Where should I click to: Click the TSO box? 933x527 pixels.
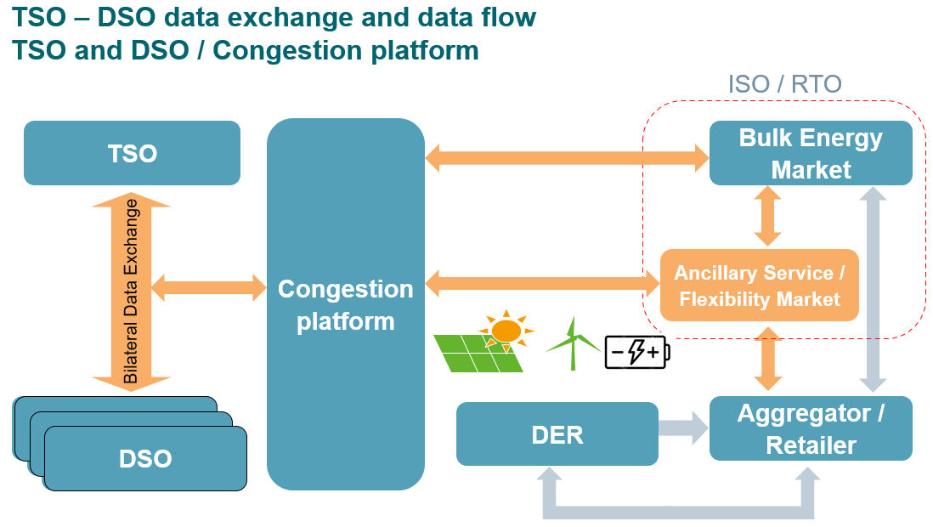pyautogui.click(x=132, y=153)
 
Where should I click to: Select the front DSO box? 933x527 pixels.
pyautogui.click(x=145, y=458)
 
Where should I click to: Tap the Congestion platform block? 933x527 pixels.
pyautogui.click(x=345, y=304)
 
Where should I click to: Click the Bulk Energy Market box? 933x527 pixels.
pyautogui.click(x=811, y=153)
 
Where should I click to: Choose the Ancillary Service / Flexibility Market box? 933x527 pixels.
pyautogui.click(x=759, y=286)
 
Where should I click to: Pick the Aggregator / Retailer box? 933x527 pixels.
pyautogui.click(x=811, y=428)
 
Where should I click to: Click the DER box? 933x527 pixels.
pyautogui.click(x=557, y=434)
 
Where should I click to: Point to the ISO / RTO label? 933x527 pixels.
pyautogui.click(x=784, y=84)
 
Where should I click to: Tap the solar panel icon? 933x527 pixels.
pyautogui.click(x=478, y=354)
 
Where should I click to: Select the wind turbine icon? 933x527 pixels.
pyautogui.click(x=572, y=343)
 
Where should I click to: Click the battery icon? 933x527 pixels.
pyautogui.click(x=636, y=351)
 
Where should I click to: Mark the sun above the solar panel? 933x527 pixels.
pyautogui.click(x=506, y=330)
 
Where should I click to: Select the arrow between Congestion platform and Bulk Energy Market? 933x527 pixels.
pyautogui.click(x=567, y=157)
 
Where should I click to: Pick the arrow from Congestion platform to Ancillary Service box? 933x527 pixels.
pyautogui.click(x=542, y=283)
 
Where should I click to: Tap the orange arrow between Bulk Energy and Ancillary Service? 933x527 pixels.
pyautogui.click(x=768, y=217)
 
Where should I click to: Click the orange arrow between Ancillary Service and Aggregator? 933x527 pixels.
pyautogui.click(x=768, y=359)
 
